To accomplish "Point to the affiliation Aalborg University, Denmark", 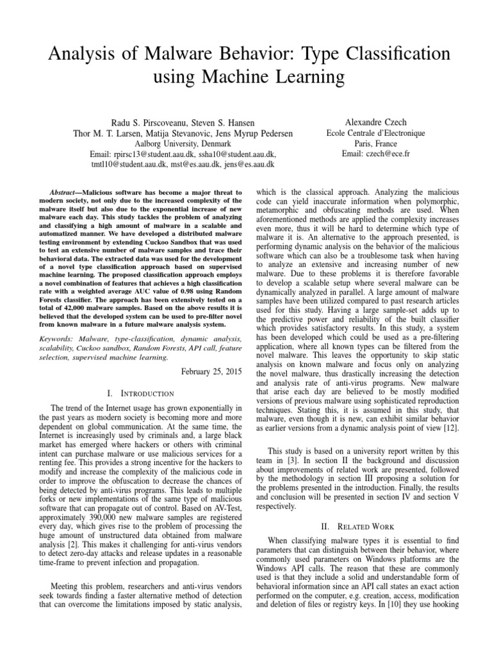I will [x=183, y=143].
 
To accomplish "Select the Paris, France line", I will [x=368, y=143].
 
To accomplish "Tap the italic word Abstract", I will [x=64, y=192].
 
